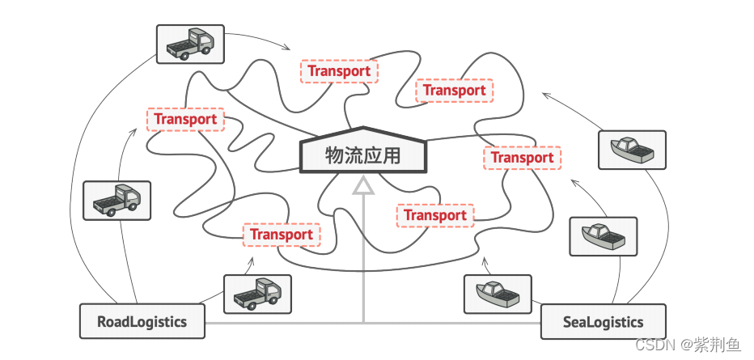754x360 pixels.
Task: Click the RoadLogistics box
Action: point(142,321)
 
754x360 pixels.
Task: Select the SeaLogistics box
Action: point(603,322)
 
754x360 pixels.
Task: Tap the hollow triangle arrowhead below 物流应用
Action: point(364,187)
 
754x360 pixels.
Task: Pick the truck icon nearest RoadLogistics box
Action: point(256,294)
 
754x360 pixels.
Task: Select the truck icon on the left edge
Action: point(116,200)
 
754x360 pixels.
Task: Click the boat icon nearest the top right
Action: point(632,150)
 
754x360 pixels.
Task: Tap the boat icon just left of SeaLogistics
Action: point(498,294)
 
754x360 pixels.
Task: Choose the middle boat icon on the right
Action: point(603,235)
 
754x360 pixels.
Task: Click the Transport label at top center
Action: point(339,71)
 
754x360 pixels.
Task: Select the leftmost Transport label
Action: point(185,120)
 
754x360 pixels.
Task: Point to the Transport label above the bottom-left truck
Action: point(282,235)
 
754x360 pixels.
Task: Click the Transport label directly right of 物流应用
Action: point(522,158)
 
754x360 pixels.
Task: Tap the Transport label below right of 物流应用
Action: point(435,215)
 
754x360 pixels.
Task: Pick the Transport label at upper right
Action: point(454,91)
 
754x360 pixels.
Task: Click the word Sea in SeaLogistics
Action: point(576,322)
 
